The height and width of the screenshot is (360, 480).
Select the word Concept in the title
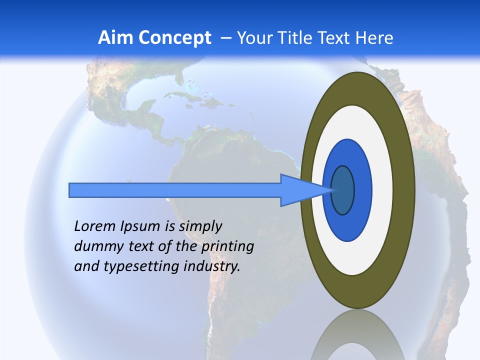[174, 38]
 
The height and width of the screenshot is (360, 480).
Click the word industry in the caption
[212, 266]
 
